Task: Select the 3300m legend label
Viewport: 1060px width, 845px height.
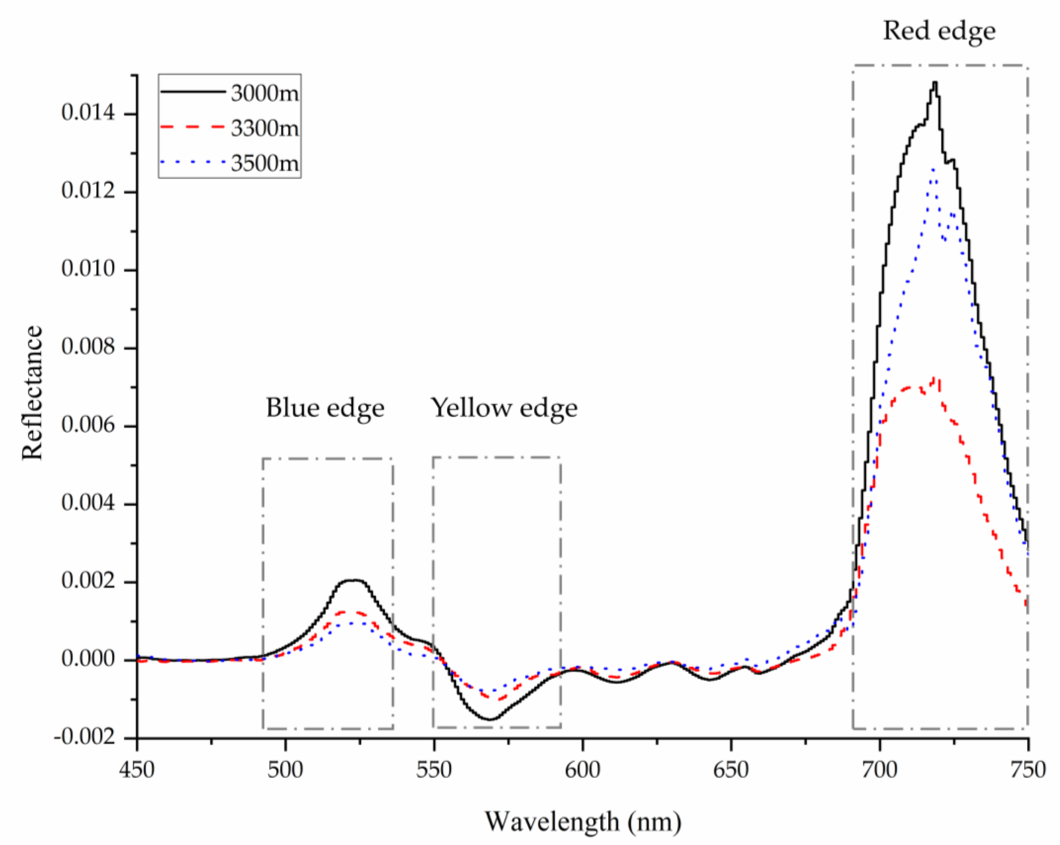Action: tap(265, 129)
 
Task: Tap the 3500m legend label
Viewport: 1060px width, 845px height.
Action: tap(265, 163)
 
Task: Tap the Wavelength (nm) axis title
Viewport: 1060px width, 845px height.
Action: tap(583, 822)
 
